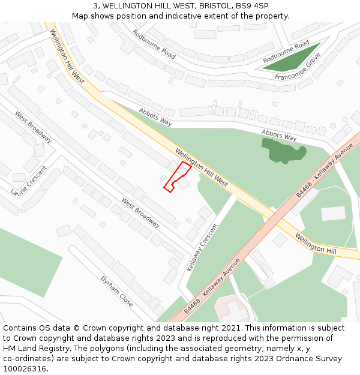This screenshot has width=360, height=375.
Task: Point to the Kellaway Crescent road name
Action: (x=202, y=247)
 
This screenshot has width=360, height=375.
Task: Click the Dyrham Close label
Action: (x=116, y=292)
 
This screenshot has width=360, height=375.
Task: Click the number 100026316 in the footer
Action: (x=24, y=368)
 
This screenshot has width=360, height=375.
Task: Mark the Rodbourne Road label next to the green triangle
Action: (x=286, y=52)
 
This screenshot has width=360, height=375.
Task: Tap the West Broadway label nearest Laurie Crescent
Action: (x=33, y=127)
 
